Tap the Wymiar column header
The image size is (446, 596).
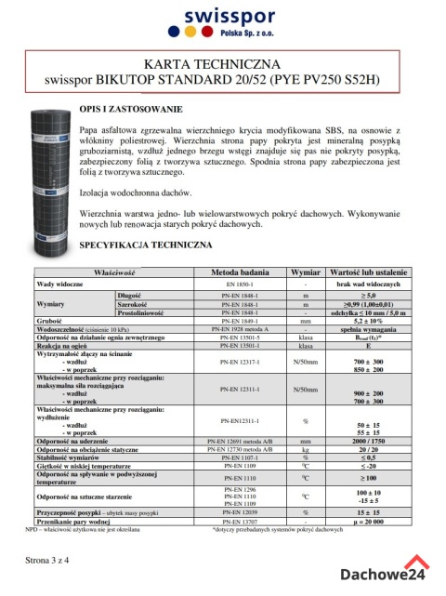click(x=305, y=272)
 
